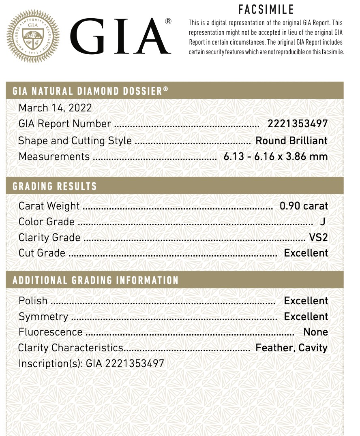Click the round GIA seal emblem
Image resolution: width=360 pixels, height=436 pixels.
pyautogui.click(x=33, y=36)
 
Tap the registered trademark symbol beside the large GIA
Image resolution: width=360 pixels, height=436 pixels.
pyautogui.click(x=168, y=21)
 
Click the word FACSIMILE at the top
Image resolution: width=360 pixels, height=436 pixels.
pyautogui.click(x=266, y=9)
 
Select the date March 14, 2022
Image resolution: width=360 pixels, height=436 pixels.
pyautogui.click(x=55, y=108)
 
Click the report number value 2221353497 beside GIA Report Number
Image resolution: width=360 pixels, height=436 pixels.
pyautogui.click(x=297, y=124)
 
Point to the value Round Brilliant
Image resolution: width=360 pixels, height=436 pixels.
pyautogui.click(x=291, y=141)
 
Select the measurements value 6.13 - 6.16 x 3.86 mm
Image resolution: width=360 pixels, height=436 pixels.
pyautogui.click(x=275, y=156)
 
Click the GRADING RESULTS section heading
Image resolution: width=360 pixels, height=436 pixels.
pyautogui.click(x=55, y=186)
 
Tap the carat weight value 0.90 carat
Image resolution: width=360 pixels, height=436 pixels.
pyautogui.click(x=304, y=206)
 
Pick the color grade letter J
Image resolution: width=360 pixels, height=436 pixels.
pyautogui.click(x=322, y=222)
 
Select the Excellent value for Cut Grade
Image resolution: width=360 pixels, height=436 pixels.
pyautogui.click(x=306, y=253)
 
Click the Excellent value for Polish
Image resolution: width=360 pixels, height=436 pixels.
pyautogui.click(x=306, y=301)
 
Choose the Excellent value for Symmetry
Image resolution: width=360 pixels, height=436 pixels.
pyautogui.click(x=306, y=316)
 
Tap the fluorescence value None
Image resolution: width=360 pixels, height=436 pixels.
pyautogui.click(x=315, y=332)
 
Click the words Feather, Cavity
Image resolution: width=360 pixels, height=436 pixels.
pyautogui.click(x=291, y=348)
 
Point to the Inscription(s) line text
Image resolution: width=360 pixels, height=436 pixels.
pyautogui.click(x=91, y=363)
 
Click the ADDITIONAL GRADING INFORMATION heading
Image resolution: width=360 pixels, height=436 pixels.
pyautogui.click(x=96, y=280)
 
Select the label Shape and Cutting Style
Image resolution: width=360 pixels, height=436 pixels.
pyautogui.click(x=75, y=141)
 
